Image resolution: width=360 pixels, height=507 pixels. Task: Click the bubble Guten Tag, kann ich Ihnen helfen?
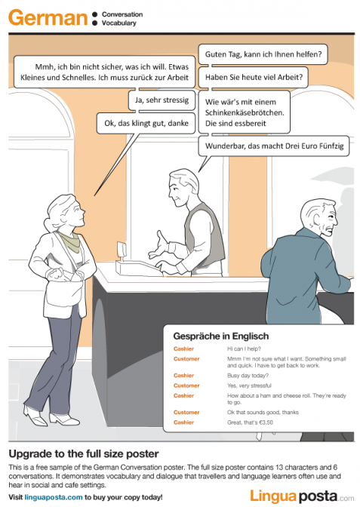click(263, 54)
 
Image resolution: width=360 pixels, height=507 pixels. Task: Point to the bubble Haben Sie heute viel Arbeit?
click(254, 76)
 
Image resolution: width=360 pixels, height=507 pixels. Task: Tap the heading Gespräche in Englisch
click(221, 336)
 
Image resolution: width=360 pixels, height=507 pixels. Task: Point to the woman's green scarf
click(69, 240)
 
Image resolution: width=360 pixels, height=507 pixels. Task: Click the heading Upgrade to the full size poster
click(83, 454)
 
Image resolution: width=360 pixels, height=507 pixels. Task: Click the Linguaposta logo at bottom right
click(301, 494)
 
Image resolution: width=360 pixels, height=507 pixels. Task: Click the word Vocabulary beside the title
click(118, 23)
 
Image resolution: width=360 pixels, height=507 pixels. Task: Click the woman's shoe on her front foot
click(32, 414)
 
